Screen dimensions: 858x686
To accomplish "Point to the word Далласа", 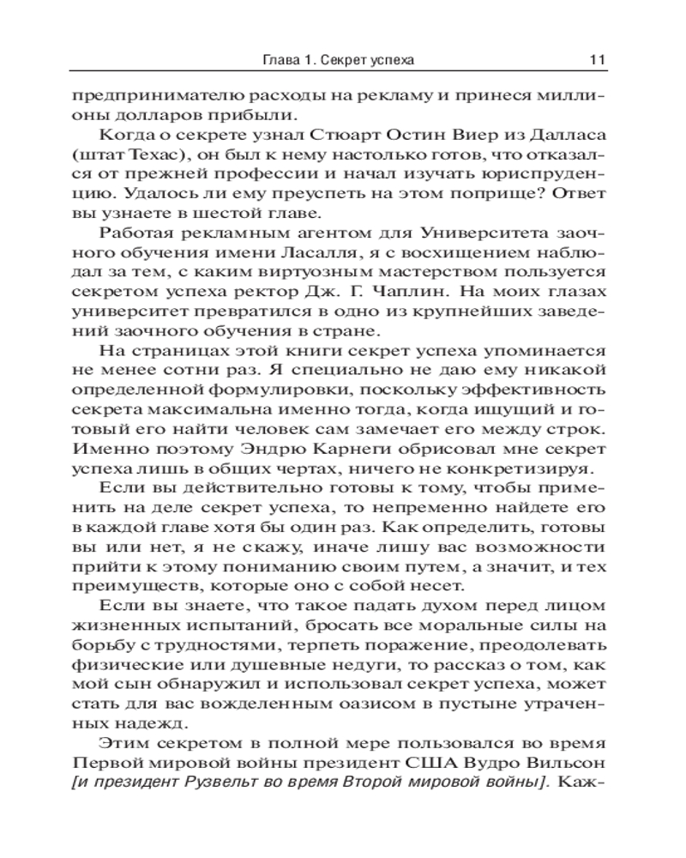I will tap(564, 136).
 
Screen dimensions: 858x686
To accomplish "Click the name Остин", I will tap(413, 136).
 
